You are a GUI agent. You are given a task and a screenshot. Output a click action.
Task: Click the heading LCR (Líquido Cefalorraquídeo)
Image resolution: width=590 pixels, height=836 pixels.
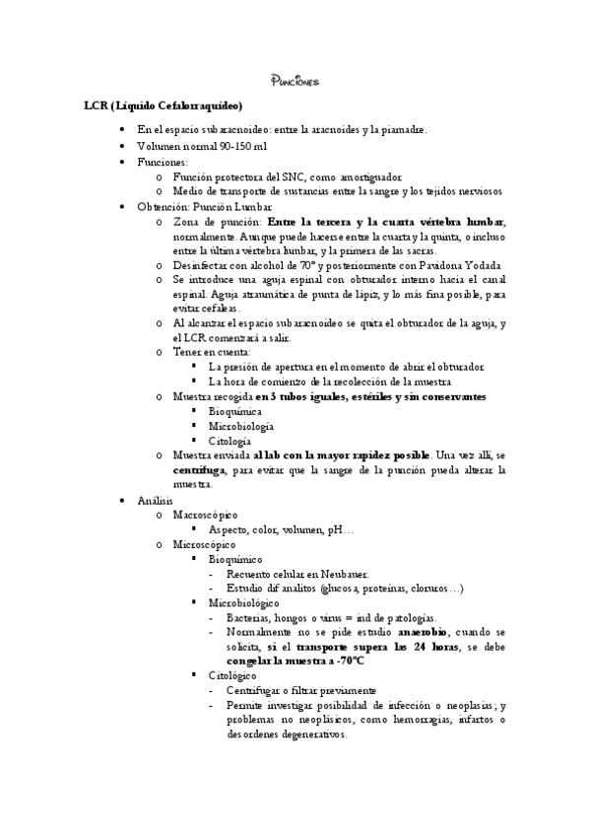163,105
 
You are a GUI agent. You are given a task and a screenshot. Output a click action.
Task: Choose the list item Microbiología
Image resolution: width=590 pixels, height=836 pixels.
240,426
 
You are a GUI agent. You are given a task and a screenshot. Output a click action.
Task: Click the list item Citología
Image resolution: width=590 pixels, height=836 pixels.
229,441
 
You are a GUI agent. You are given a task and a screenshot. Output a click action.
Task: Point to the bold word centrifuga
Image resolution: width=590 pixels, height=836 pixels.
203,470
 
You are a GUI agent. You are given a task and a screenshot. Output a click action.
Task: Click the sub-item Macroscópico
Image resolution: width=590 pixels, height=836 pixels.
203,516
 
